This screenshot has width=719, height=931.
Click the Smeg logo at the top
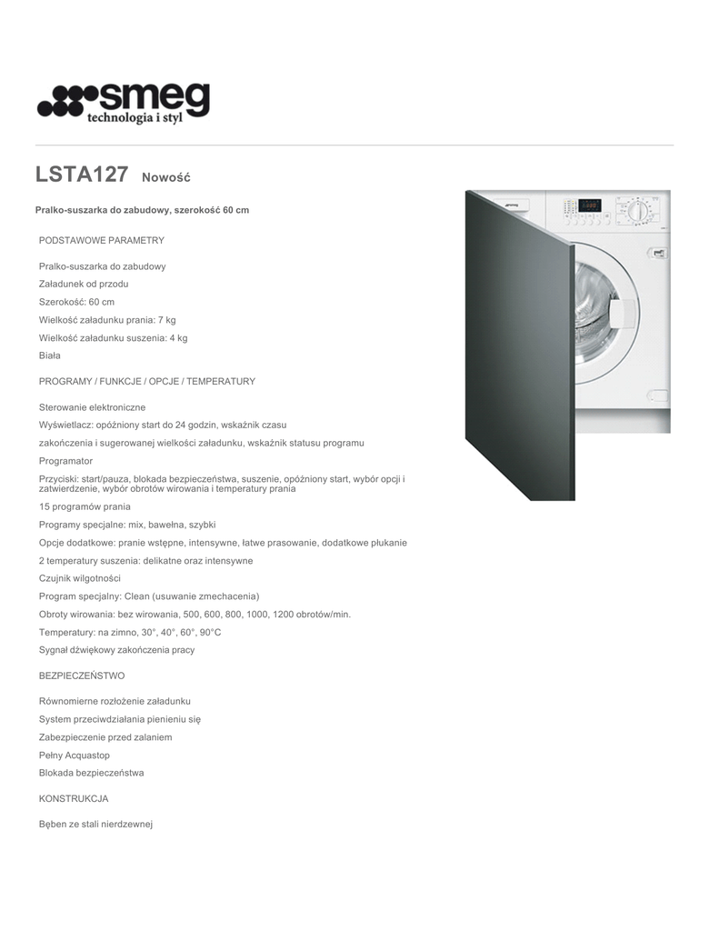tap(123, 103)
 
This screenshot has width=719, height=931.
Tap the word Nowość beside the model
tap(165, 176)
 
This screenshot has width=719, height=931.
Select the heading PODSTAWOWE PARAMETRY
tap(101, 240)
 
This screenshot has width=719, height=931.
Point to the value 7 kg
tap(166, 320)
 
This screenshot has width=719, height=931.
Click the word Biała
tap(50, 355)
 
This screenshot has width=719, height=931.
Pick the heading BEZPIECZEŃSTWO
tap(82, 676)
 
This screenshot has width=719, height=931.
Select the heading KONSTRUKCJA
tap(74, 798)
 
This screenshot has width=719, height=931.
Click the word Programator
tap(65, 461)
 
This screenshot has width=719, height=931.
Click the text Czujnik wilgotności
tap(79, 578)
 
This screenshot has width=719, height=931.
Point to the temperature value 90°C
tap(210, 632)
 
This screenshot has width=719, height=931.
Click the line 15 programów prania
tap(85, 506)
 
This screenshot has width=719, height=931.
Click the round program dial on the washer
tap(638, 212)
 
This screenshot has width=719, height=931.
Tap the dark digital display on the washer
tap(589, 205)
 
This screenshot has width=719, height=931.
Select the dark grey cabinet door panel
tap(518, 345)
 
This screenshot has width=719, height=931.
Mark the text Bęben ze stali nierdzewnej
tap(95, 824)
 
